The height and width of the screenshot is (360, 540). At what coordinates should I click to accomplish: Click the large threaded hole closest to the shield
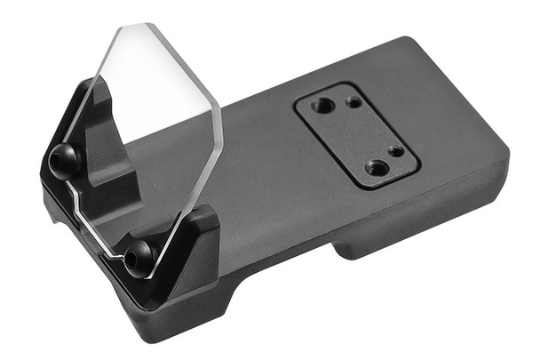click(324, 106)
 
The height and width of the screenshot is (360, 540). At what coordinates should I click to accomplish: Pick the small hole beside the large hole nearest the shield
click(353, 102)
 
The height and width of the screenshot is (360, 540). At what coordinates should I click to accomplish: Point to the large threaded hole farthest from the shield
click(377, 167)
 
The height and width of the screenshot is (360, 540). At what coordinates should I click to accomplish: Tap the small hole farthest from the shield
click(395, 151)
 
